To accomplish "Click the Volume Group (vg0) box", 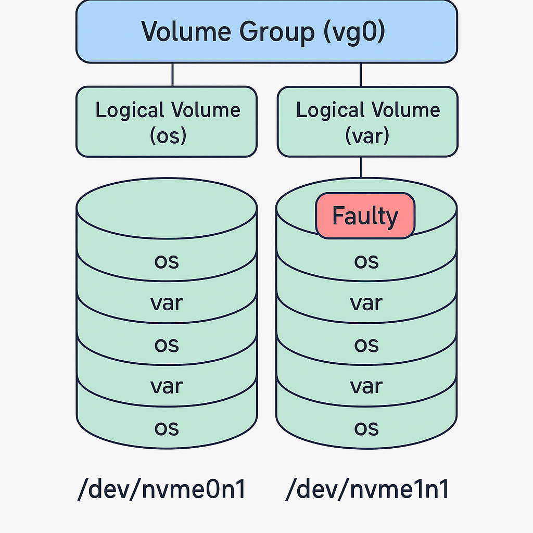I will pyautogui.click(x=266, y=31).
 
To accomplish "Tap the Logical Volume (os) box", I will pyautogui.click(x=167, y=122).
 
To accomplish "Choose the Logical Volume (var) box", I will pyautogui.click(x=367, y=122).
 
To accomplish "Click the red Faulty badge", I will pyautogui.click(x=365, y=215).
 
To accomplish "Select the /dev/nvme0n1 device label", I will pyautogui.click(x=161, y=490).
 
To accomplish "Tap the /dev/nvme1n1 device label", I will pyautogui.click(x=367, y=490).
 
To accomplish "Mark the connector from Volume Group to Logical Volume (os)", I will pyautogui.click(x=172, y=75).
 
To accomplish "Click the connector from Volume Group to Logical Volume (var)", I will pyautogui.click(x=361, y=75).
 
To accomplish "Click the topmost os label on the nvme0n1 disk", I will pyautogui.click(x=167, y=261).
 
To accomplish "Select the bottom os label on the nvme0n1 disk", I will pyautogui.click(x=167, y=428).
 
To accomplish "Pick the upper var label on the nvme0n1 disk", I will pyautogui.click(x=167, y=302).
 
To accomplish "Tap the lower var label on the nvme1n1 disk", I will pyautogui.click(x=366, y=386).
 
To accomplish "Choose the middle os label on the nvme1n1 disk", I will pyautogui.click(x=366, y=345).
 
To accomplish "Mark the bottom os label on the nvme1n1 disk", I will pyautogui.click(x=366, y=428).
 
